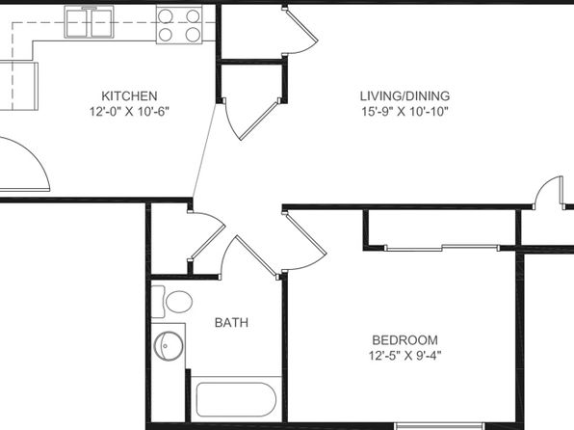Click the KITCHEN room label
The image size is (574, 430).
(129, 96)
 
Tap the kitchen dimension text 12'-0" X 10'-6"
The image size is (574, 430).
(129, 111)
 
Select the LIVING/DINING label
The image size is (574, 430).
(404, 96)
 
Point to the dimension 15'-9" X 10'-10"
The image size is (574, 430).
(404, 111)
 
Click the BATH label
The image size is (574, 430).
(231, 323)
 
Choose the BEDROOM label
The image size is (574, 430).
(404, 340)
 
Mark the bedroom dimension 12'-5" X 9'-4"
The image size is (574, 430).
(404, 356)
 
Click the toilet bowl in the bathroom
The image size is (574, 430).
(178, 302)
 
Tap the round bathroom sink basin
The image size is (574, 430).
(169, 346)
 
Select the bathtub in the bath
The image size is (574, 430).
(236, 399)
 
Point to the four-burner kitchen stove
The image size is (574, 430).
(179, 25)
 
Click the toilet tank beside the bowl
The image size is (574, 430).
(158, 302)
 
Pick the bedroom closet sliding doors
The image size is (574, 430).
(442, 248)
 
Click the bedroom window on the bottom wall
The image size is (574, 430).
(440, 426)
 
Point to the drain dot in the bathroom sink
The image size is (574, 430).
(165, 346)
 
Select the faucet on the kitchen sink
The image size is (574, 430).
(89, 8)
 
